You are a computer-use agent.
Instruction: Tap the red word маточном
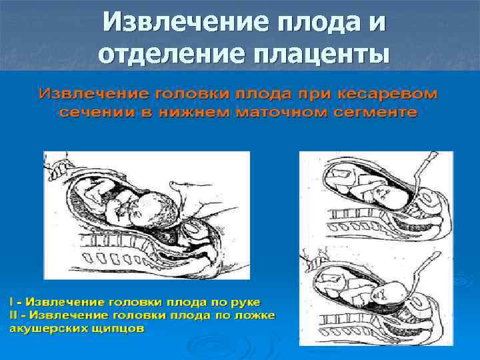(x=283, y=112)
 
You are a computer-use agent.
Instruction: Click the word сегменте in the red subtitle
(x=375, y=112)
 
